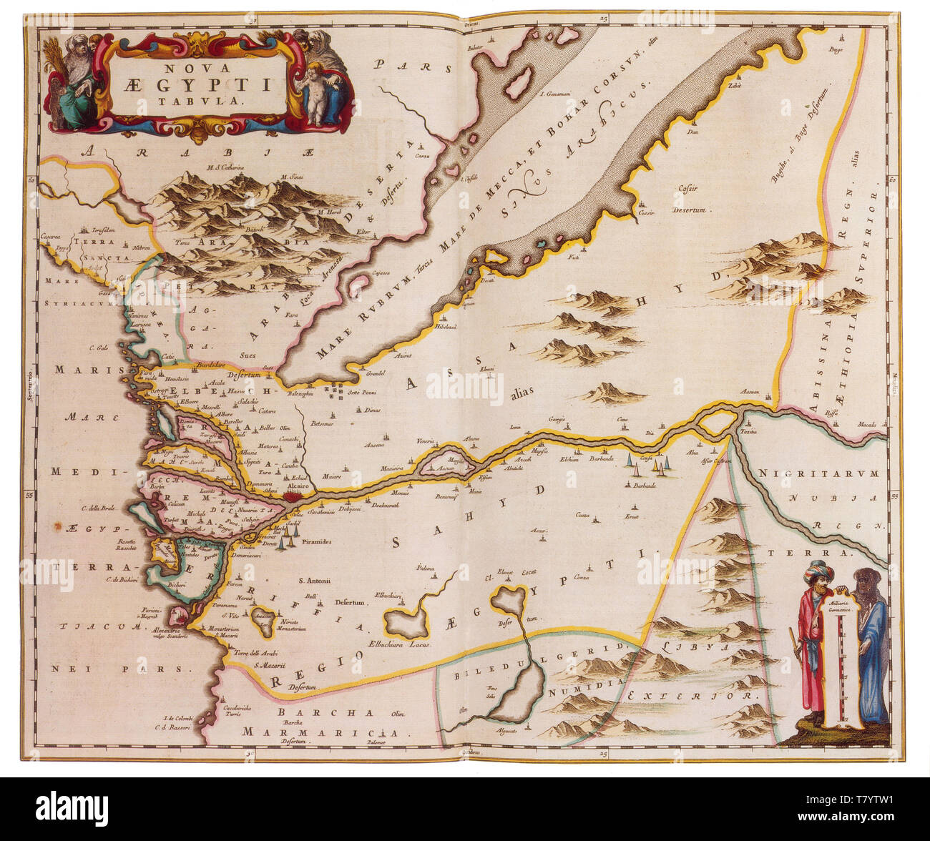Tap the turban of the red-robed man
815,570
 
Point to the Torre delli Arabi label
250,653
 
